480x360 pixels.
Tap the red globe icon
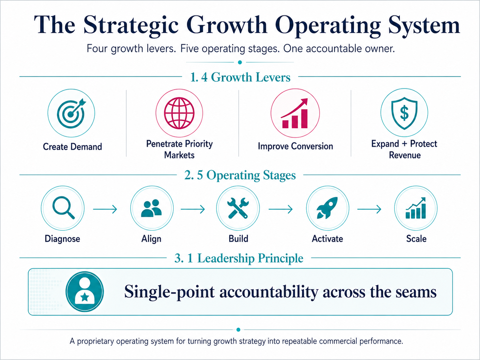(x=179, y=113)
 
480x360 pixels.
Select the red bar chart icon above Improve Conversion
(x=295, y=113)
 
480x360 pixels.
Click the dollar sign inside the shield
(x=404, y=113)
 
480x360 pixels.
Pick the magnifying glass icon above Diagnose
(x=63, y=208)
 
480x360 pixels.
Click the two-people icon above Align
(x=151, y=208)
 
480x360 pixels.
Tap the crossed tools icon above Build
(x=238, y=208)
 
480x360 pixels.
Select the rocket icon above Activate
(x=328, y=208)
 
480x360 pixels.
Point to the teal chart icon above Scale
(x=416, y=208)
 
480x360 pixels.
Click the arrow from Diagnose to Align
(x=105, y=209)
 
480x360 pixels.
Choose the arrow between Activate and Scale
(x=369, y=209)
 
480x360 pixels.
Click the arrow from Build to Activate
(x=281, y=209)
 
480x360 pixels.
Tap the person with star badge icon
(x=85, y=292)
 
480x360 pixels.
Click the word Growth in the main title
(x=227, y=25)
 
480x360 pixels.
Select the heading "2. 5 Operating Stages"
(x=240, y=175)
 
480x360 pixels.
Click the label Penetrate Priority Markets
(x=179, y=149)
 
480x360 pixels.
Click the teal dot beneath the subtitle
(x=240, y=62)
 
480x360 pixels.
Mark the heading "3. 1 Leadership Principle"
(x=239, y=258)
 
